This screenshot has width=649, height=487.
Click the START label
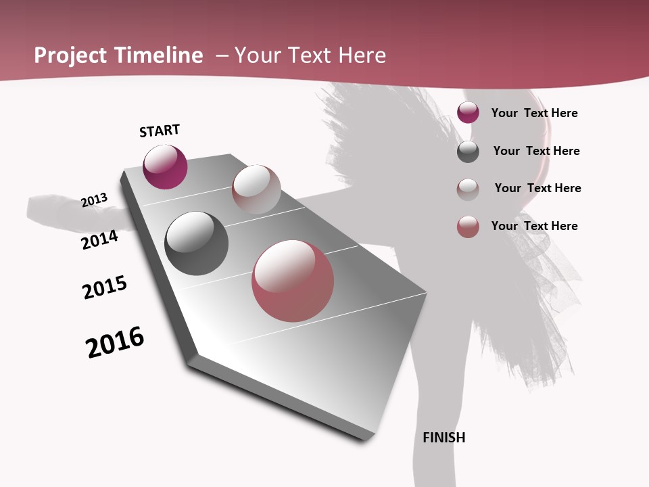[160, 131]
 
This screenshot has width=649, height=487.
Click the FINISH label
[444, 438]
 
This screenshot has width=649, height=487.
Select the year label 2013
[94, 200]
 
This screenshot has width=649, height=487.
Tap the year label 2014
[99, 239]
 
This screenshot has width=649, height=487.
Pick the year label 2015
[105, 287]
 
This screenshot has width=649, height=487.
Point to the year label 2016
[115, 342]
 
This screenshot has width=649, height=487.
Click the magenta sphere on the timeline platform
[165, 167]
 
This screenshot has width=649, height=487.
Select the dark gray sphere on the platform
[196, 243]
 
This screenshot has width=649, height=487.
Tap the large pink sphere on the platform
[293, 281]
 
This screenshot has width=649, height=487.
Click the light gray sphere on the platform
[256, 189]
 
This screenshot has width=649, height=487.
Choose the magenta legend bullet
[468, 113]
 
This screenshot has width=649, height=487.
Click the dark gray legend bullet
[468, 152]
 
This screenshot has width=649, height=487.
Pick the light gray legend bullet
[468, 189]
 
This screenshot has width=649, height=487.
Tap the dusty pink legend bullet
[468, 227]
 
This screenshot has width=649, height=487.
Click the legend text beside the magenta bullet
[534, 113]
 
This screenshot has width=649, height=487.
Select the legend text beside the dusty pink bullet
[534, 226]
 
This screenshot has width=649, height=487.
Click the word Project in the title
[70, 55]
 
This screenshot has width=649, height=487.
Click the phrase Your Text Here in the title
[310, 55]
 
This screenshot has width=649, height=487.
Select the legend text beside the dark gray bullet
[536, 151]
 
